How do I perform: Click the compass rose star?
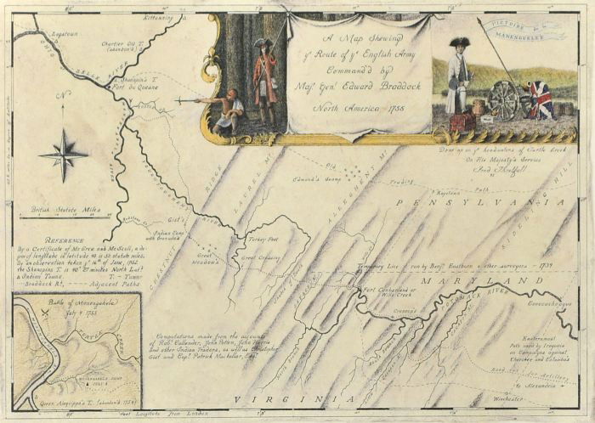coord(64,155)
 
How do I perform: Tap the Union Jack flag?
coord(541,99)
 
